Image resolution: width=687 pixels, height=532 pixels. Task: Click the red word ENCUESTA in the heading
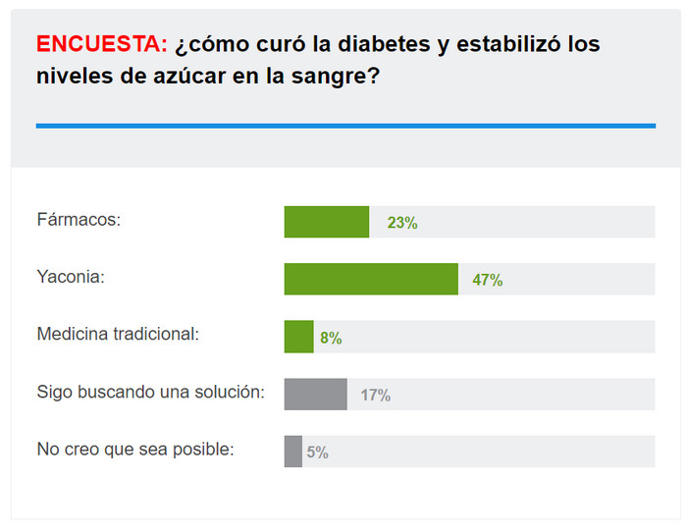[101, 44]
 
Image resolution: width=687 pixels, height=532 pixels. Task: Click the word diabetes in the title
[355, 44]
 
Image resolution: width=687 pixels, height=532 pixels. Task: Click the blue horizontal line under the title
[345, 126]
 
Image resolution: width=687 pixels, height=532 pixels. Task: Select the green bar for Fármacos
[326, 222]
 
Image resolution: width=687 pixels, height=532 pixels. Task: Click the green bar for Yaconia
[371, 279]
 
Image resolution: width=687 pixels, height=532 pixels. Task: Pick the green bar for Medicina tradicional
[298, 337]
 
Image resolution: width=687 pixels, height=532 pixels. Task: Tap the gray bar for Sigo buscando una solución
[315, 394]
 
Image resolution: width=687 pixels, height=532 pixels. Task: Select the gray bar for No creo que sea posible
[292, 452]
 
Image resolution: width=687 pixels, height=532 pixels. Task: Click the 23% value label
[402, 223]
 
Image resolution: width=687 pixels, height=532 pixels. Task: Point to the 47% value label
[487, 280]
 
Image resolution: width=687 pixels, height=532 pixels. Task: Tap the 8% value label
[331, 338]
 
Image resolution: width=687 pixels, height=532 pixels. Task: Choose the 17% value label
[375, 395]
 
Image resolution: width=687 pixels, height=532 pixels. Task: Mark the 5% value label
[317, 452]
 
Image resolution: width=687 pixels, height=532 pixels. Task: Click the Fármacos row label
[79, 220]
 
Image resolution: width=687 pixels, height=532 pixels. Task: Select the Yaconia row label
[71, 277]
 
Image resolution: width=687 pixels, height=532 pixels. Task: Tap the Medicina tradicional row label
[118, 334]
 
